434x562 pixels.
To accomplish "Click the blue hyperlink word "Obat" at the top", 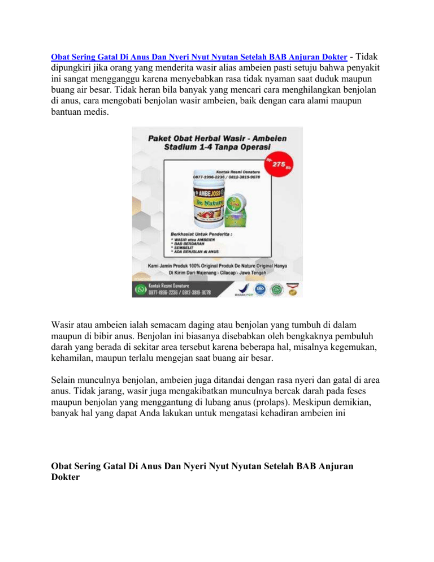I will click(x=60, y=58).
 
